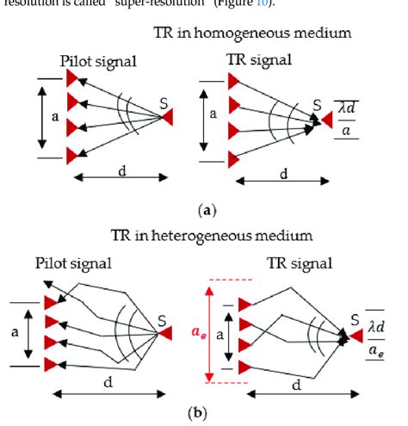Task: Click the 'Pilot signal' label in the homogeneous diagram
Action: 100,62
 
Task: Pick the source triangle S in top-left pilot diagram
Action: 169,114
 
